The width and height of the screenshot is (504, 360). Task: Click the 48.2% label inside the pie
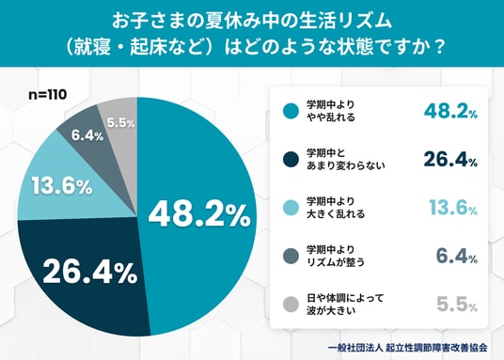click(x=199, y=215)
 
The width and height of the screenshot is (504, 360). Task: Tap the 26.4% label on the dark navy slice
click(x=90, y=273)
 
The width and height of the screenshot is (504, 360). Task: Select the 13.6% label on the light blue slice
click(x=62, y=186)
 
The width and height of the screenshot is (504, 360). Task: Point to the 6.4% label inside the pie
click(x=87, y=136)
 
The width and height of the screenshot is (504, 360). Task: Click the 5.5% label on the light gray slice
click(x=121, y=123)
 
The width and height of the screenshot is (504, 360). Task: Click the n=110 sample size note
click(x=48, y=95)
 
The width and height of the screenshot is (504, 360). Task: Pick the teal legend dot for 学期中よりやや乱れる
click(x=291, y=111)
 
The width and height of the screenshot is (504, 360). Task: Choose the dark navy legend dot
click(x=291, y=160)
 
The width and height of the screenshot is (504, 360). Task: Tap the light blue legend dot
click(x=291, y=208)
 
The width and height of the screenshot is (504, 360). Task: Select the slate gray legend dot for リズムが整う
click(x=291, y=257)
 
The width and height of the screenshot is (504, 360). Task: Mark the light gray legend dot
click(x=291, y=305)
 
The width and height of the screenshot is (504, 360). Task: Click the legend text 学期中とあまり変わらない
click(x=345, y=160)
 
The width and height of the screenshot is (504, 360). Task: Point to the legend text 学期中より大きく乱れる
click(x=336, y=208)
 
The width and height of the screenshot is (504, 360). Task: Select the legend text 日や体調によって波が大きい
click(x=345, y=305)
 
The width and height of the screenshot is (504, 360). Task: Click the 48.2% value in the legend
click(x=450, y=111)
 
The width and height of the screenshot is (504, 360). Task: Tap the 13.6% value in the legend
click(x=453, y=208)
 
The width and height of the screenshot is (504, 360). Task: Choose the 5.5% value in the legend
click(x=457, y=305)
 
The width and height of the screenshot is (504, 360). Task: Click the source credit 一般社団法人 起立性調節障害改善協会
click(x=407, y=348)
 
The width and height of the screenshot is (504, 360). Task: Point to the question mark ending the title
click(x=438, y=47)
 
